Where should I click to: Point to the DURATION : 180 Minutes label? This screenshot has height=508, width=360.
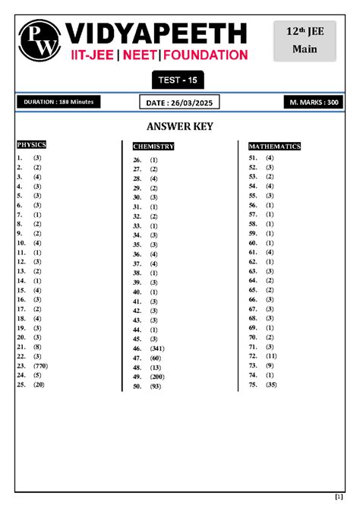57,102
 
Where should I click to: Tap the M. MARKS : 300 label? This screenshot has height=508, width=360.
311,102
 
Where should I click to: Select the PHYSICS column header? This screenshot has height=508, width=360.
32,144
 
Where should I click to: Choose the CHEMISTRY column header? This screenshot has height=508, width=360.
153,146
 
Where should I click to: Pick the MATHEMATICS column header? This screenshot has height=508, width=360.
275,146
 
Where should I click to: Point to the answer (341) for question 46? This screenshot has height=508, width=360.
158,348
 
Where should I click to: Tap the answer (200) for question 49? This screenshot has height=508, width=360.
157,377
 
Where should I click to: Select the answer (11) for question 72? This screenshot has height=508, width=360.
271,355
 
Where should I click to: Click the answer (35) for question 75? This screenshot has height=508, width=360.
271,384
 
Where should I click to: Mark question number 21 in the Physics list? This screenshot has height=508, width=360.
21,346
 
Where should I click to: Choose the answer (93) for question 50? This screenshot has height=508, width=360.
156,387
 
